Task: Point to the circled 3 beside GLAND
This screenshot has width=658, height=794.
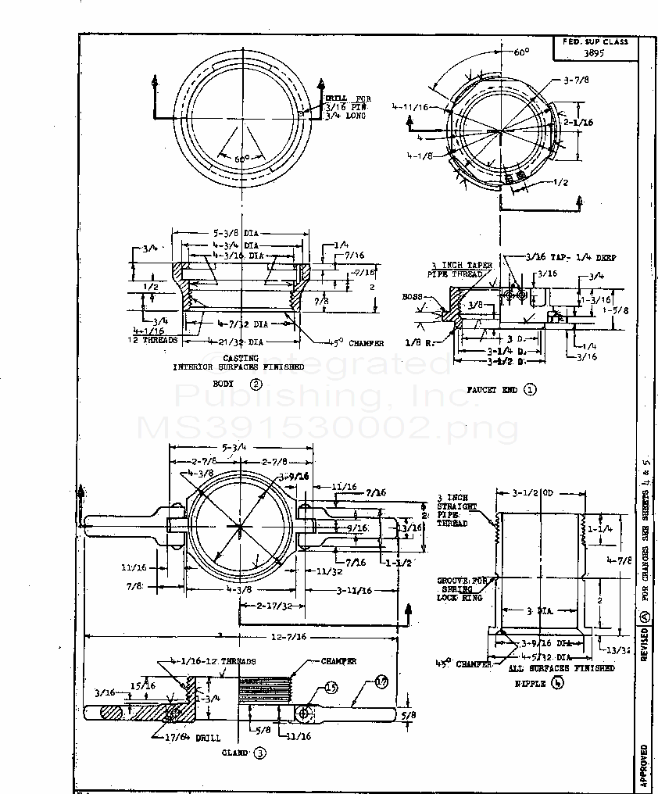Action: coord(259,753)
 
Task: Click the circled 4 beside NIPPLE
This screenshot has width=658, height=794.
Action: coord(556,682)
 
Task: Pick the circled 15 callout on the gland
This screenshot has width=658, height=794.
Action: coord(331,688)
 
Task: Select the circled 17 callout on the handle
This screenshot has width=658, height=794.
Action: coord(381,682)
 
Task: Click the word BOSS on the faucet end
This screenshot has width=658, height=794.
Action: coord(412,298)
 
